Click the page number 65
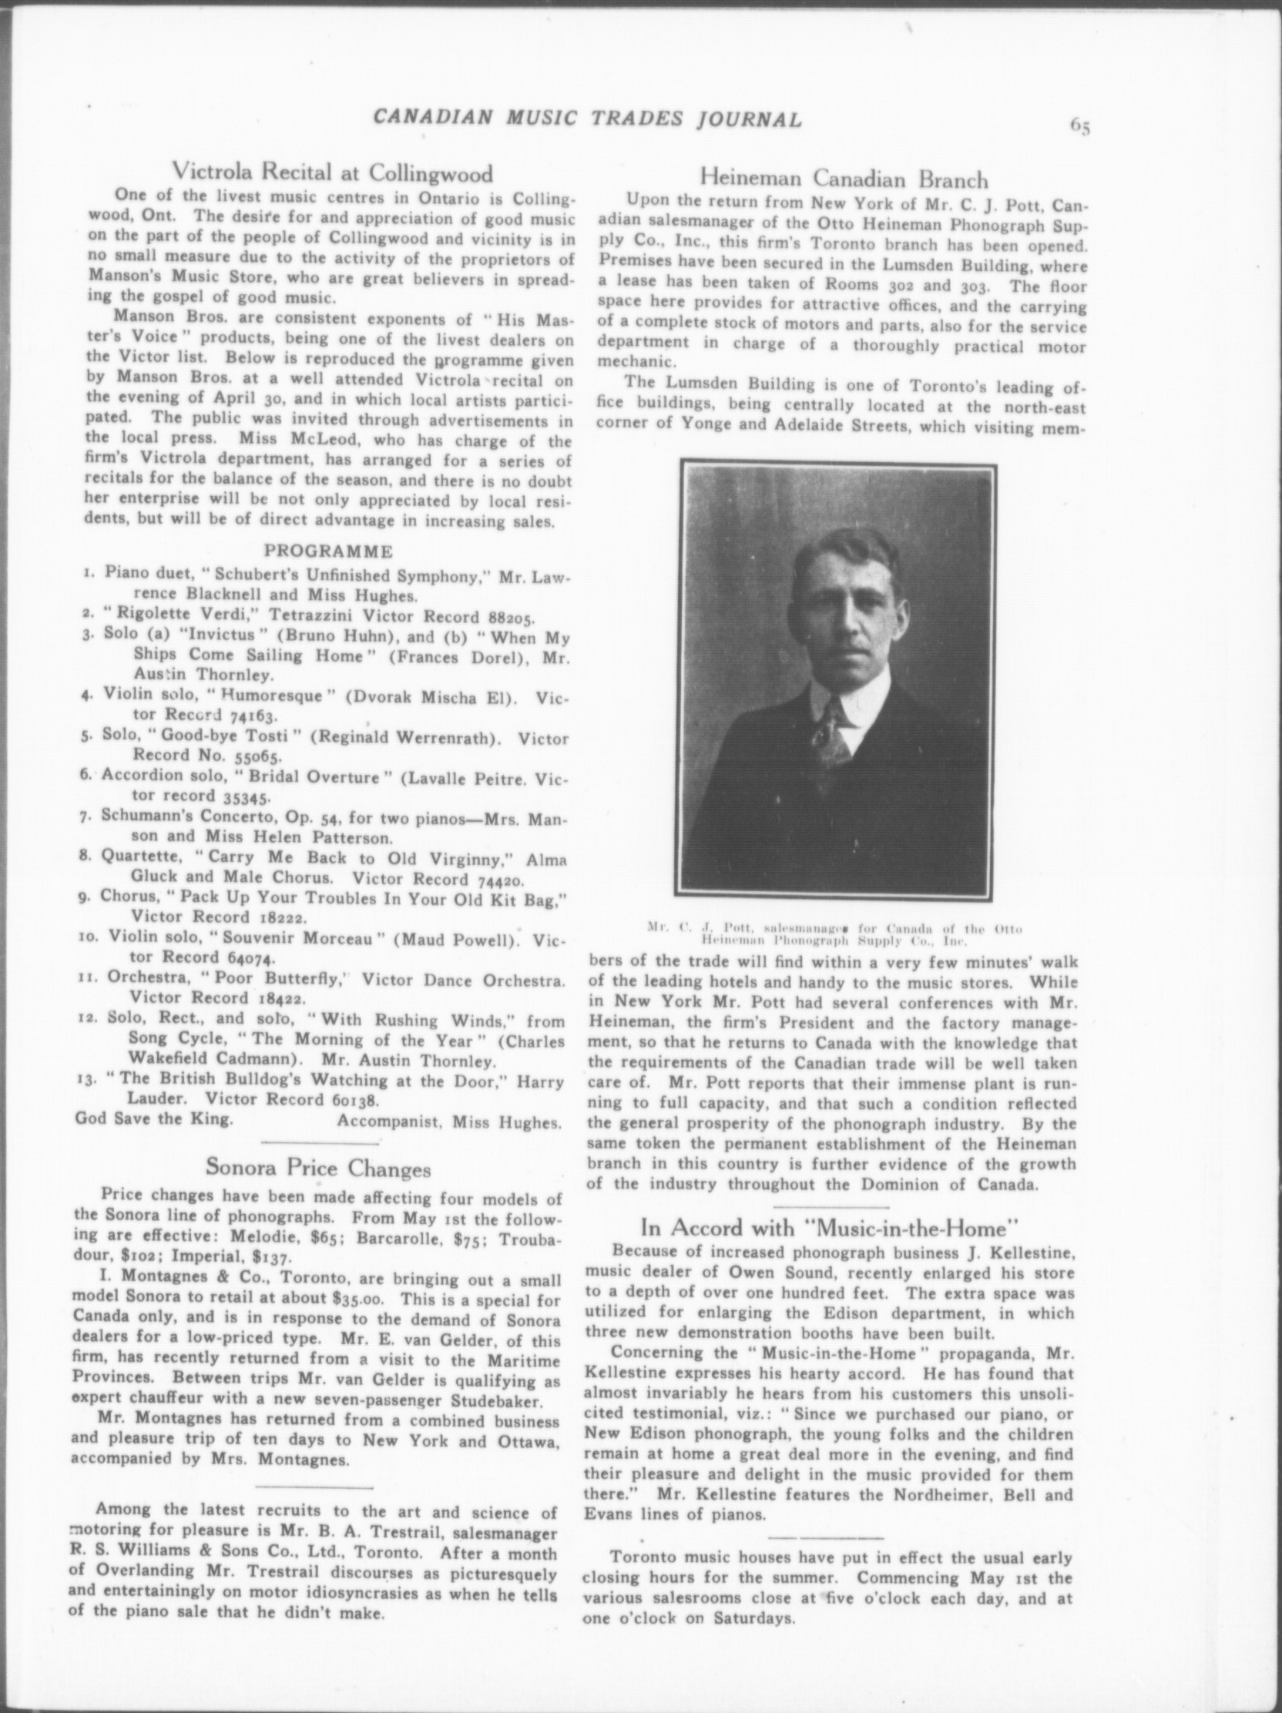coord(1080,126)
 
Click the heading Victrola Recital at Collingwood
coord(332,170)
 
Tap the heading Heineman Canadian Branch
coord(844,179)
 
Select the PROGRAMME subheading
coord(328,551)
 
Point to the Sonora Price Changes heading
coord(318,1167)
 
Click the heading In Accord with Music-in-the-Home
coord(828,1228)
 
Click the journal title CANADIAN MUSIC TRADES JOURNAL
coord(587,119)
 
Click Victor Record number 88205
coord(512,617)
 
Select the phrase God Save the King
coord(153,1119)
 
